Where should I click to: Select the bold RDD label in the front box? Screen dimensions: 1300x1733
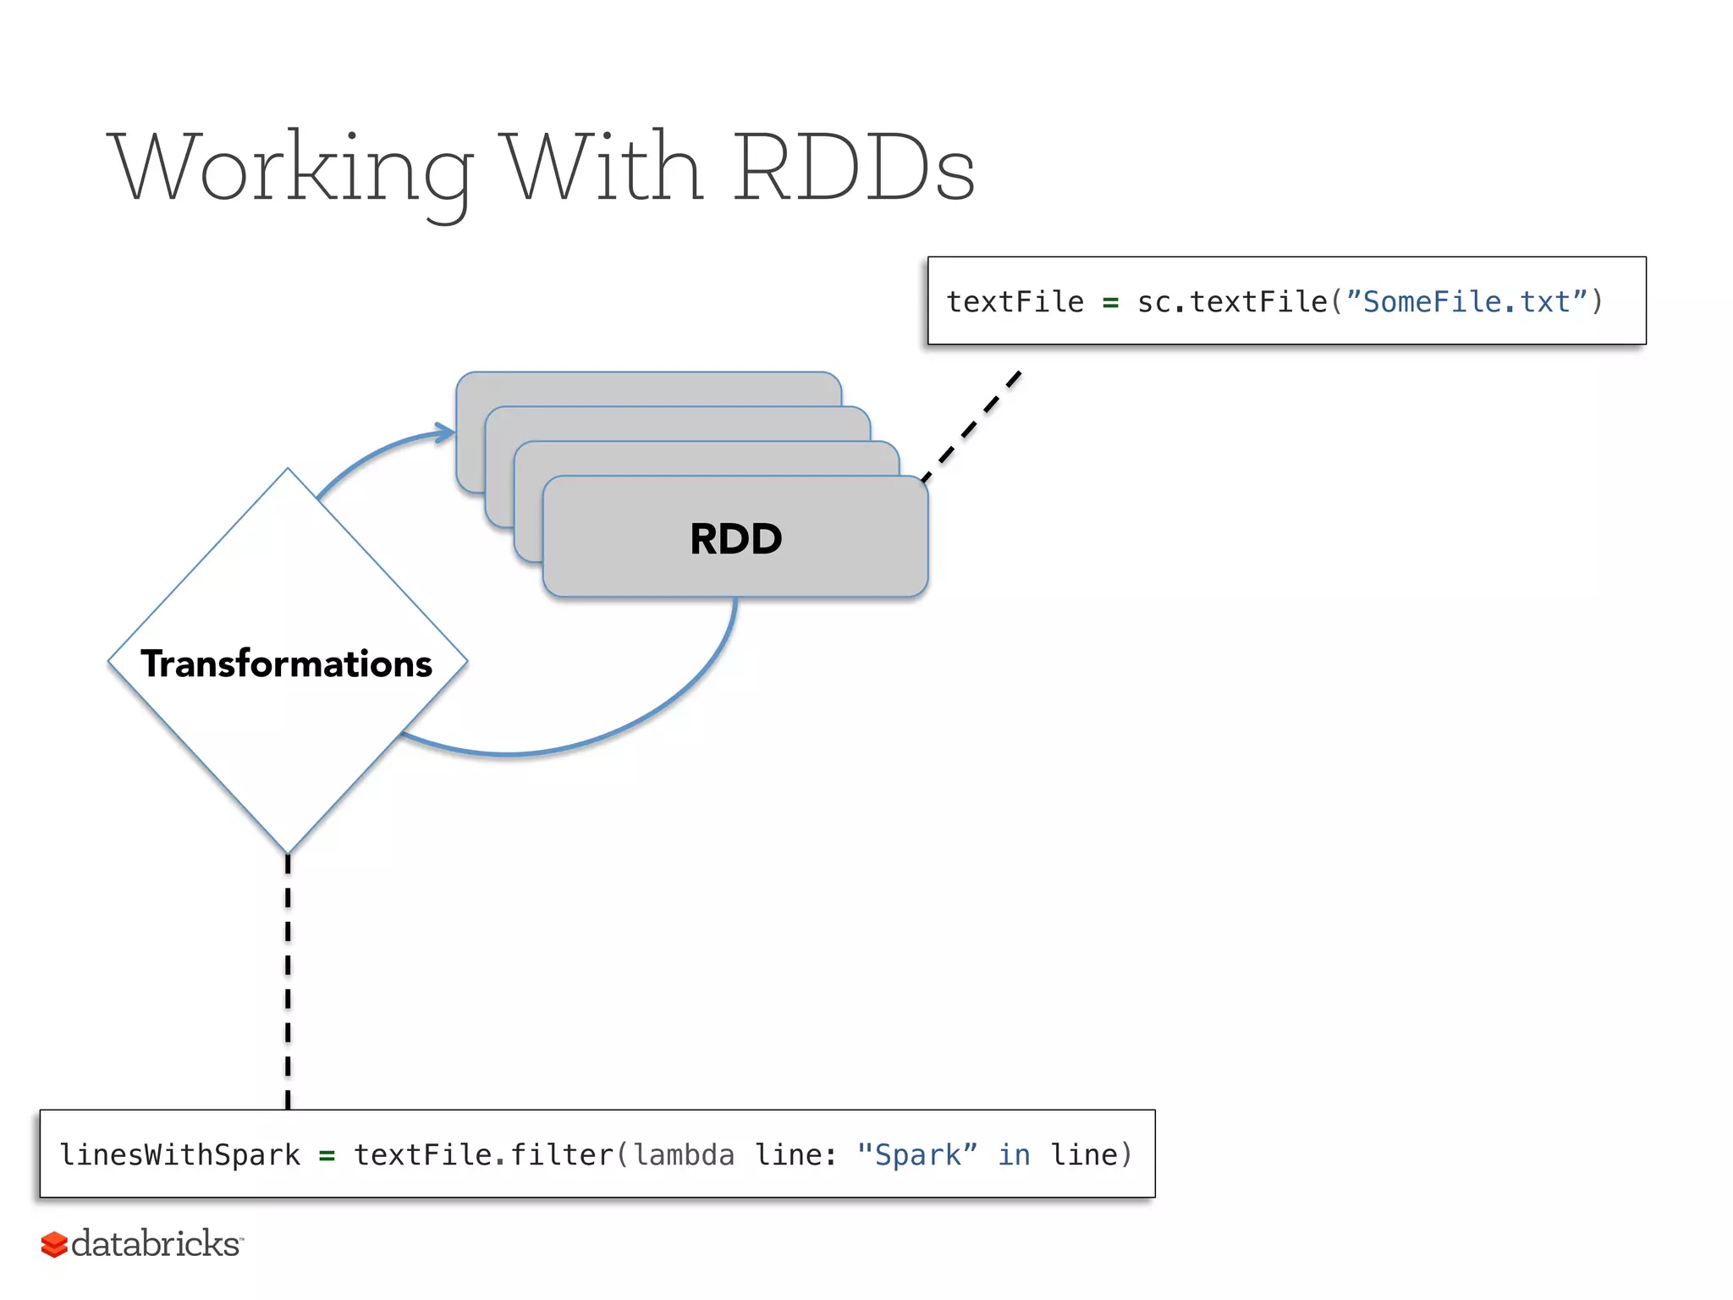coord(735,539)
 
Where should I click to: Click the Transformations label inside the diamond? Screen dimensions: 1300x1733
coord(287,664)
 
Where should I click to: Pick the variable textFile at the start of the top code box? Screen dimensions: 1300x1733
coord(1015,302)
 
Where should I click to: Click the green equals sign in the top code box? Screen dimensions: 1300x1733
coord(1110,302)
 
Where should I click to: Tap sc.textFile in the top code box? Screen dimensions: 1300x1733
coord(1232,302)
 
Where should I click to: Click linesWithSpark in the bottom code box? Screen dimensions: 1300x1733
coord(179,1154)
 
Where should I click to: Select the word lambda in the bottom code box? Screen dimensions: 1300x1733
coord(684,1154)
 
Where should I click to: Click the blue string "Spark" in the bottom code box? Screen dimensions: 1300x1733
coord(916,1154)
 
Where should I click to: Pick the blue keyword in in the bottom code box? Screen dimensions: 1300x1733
coord(1014,1154)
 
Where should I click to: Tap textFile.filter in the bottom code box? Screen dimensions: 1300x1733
coord(483,1154)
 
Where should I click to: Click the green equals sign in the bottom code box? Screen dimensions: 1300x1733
coord(327,1154)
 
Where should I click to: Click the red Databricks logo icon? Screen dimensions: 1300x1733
coord(54,1244)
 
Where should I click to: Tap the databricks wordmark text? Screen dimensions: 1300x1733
coord(156,1243)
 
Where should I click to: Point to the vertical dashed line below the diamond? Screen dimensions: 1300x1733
coord(288,982)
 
